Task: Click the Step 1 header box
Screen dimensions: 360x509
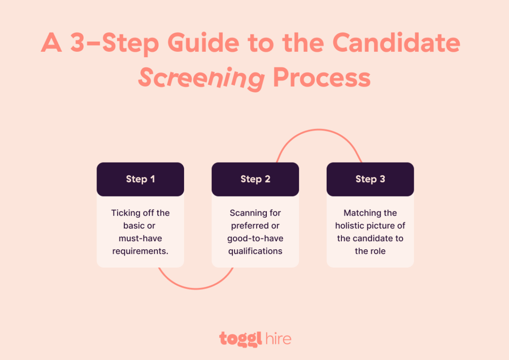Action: (140, 179)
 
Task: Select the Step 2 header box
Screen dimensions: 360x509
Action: (255, 179)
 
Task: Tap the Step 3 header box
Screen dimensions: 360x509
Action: (370, 179)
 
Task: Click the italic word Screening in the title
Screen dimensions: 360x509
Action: (201, 79)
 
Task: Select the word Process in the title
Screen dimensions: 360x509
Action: (322, 78)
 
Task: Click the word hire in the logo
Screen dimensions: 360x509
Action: (278, 339)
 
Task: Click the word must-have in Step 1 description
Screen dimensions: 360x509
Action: (140, 239)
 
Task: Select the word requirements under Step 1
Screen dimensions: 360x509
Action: (140, 251)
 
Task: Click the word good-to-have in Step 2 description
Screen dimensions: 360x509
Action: (255, 239)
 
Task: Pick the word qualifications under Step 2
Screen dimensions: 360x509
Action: (255, 251)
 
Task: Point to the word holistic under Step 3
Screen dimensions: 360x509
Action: (351, 226)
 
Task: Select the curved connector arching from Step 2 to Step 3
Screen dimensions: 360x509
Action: (319, 130)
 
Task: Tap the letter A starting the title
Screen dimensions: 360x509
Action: (51, 43)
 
